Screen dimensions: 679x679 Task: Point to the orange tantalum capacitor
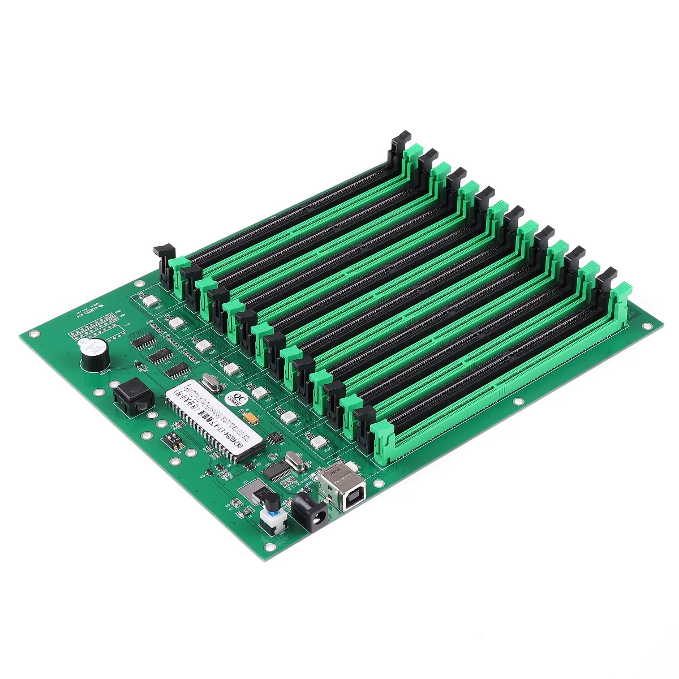[250, 419]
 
